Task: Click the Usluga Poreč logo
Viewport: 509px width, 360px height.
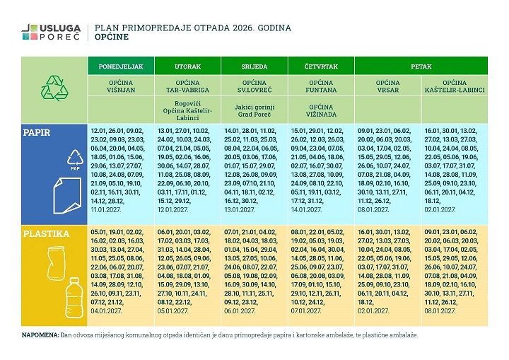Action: (50, 32)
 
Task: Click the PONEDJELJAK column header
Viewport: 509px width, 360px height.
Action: (120, 66)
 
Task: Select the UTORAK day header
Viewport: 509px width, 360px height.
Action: (187, 66)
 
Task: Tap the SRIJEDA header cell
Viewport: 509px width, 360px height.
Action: (255, 66)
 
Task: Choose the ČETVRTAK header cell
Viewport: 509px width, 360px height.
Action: (321, 66)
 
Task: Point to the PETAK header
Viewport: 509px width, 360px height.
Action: (421, 66)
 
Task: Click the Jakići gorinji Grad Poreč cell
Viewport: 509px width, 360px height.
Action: (255, 110)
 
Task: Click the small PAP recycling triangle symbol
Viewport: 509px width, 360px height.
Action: (74, 161)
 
